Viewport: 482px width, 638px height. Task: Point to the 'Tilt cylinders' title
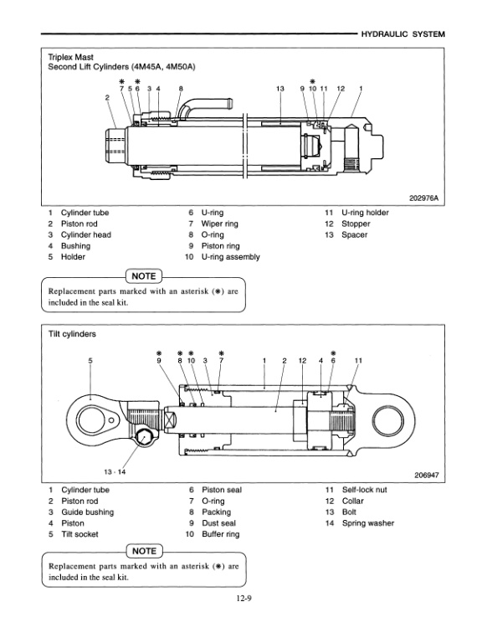click(x=71, y=333)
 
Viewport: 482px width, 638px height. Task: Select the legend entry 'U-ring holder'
click(x=365, y=213)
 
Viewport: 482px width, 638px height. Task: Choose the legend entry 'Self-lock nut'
click(x=366, y=489)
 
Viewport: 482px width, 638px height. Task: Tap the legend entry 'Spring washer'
click(x=367, y=523)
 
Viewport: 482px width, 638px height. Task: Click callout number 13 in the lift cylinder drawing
click(x=279, y=88)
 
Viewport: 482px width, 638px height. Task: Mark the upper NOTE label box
click(x=143, y=275)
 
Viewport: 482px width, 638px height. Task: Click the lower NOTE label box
click(x=143, y=552)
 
